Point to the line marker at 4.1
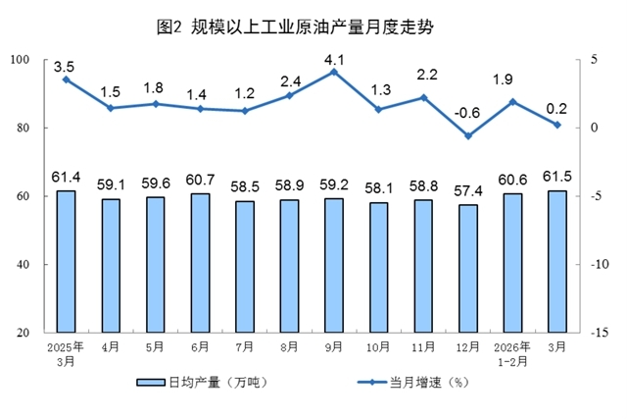tap(335, 72)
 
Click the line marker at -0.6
tap(469, 135)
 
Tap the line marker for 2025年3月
tap(66, 79)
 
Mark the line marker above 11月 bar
tap(424, 97)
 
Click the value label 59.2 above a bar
tap(335, 182)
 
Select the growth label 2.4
tap(291, 80)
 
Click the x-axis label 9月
tap(335, 346)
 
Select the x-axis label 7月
tap(246, 346)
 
